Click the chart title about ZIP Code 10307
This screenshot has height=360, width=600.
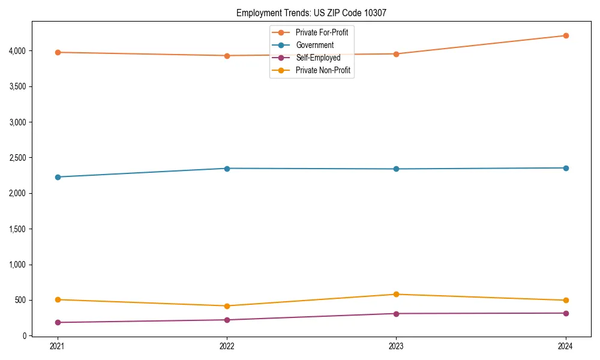(x=316, y=13)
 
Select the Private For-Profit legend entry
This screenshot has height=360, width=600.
(x=322, y=32)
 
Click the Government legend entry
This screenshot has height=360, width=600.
(x=314, y=45)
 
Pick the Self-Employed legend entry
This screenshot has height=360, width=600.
(x=318, y=58)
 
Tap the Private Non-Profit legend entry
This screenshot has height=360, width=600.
(x=323, y=70)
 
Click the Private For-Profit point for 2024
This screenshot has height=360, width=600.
(x=566, y=35)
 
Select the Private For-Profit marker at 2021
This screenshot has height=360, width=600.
(x=58, y=52)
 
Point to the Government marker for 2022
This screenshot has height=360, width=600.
(x=227, y=168)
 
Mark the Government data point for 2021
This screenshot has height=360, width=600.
(x=58, y=177)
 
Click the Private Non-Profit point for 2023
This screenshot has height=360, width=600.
(x=396, y=294)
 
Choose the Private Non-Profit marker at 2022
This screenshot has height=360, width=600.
(x=227, y=306)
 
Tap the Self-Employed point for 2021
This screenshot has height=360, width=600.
(x=58, y=322)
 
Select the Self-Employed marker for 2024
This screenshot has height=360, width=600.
(x=566, y=313)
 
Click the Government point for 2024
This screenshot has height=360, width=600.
(x=566, y=168)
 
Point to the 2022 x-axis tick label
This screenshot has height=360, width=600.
(x=227, y=346)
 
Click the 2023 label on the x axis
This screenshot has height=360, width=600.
(x=396, y=346)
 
